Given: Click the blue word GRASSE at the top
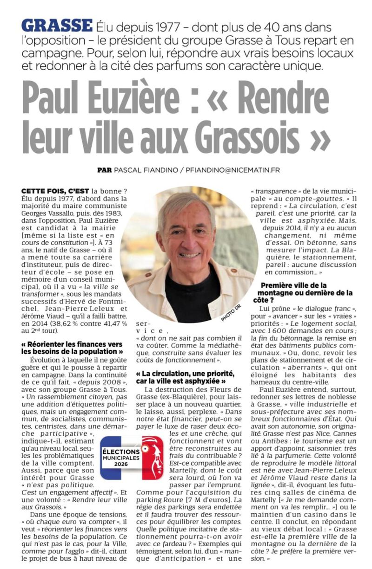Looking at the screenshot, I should (x=57, y=26).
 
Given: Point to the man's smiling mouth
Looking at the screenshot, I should (x=189, y=255).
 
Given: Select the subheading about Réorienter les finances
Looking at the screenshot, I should (x=72, y=348).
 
